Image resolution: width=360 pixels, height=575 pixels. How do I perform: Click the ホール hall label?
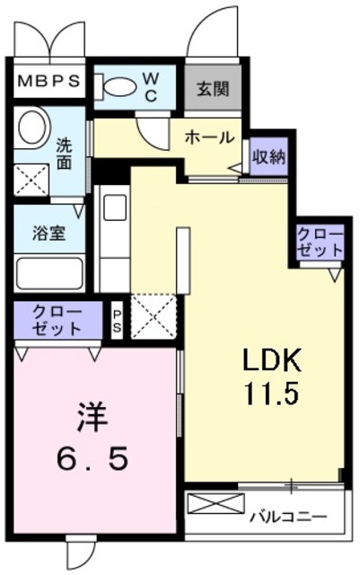pos(209,137)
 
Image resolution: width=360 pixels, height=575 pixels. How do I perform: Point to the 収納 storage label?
pos(268,157)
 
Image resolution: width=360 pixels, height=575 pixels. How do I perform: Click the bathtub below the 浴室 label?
pos(49,273)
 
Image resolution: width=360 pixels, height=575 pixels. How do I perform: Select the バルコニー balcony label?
pos(286,517)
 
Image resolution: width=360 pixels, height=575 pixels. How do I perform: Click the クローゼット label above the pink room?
pos(57,320)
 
